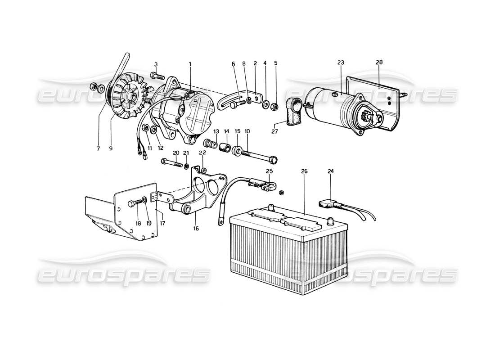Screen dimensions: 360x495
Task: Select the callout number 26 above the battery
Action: [x=304, y=171]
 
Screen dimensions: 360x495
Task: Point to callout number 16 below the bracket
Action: [x=196, y=228]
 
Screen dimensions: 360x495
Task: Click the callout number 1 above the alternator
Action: [x=190, y=64]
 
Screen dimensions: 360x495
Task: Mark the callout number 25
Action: [x=269, y=171]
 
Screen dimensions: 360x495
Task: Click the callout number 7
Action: [x=98, y=148]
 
